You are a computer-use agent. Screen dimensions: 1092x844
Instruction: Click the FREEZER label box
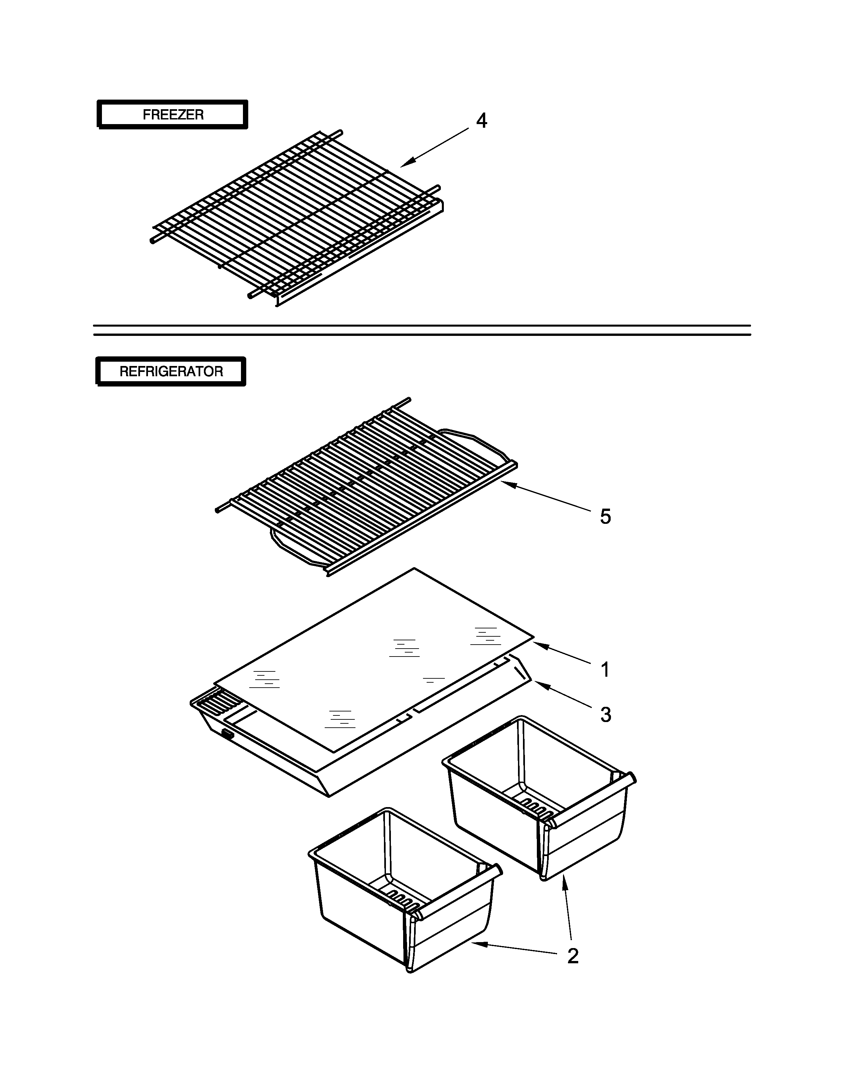tap(172, 114)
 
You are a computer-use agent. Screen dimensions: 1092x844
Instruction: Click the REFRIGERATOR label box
tap(171, 372)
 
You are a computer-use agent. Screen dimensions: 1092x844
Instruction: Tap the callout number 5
tap(605, 517)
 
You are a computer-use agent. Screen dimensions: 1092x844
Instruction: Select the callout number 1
tap(605, 669)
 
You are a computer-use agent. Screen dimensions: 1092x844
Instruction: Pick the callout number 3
tap(605, 715)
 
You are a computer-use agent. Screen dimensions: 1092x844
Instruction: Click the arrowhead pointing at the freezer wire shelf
tap(404, 164)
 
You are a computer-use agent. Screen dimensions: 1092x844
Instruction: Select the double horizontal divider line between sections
tap(422, 330)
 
